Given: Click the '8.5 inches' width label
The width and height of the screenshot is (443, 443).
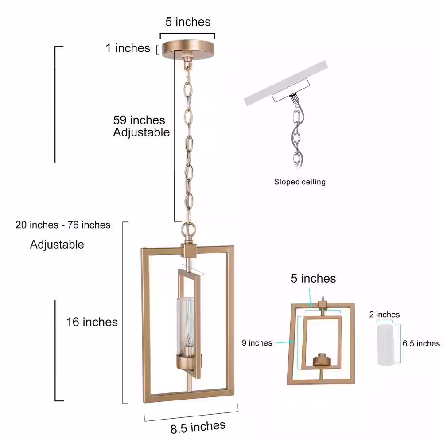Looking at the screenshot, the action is pyautogui.click(x=198, y=427).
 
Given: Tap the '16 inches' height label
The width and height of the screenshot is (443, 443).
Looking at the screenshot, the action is pyautogui.click(x=92, y=322).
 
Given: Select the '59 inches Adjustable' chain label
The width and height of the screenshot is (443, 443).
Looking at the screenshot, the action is pyautogui.click(x=141, y=126).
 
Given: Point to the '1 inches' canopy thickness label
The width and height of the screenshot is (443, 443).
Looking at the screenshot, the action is pyautogui.click(x=128, y=48).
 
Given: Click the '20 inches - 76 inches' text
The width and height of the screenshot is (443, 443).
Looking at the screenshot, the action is pyautogui.click(x=63, y=225).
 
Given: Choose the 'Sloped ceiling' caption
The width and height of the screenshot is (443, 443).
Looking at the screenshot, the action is pyautogui.click(x=300, y=182).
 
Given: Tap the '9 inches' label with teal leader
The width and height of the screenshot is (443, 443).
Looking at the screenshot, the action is pyautogui.click(x=257, y=343).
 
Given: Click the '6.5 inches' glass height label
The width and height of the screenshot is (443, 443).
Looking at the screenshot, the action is pyautogui.click(x=421, y=344).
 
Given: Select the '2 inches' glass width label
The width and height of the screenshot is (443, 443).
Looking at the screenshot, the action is pyautogui.click(x=384, y=315).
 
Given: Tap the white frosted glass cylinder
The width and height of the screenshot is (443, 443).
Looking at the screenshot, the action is pyautogui.click(x=385, y=345).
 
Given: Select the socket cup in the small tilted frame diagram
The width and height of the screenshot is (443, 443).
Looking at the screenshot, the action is pyautogui.click(x=321, y=360).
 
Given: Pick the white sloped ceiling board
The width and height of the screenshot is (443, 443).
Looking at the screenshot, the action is pyautogui.click(x=286, y=83).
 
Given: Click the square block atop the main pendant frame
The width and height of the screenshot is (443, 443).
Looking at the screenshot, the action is pyautogui.click(x=188, y=251).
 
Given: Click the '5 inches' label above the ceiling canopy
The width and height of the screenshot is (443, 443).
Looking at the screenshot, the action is pyautogui.click(x=188, y=22).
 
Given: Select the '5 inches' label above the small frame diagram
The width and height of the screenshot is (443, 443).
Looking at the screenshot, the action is pyautogui.click(x=313, y=279).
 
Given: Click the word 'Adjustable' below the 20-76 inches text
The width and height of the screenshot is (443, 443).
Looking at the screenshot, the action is pyautogui.click(x=57, y=245).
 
